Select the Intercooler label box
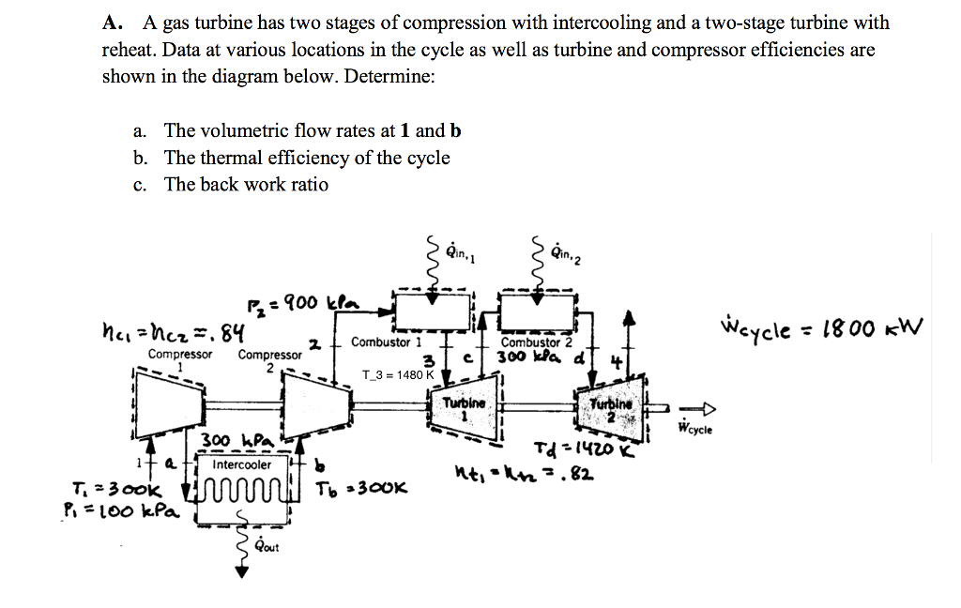pyautogui.click(x=242, y=464)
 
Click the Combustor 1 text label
pyautogui.click(x=387, y=342)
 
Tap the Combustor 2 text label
pyautogui.click(x=532, y=343)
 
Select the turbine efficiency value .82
pyautogui.click(x=579, y=471)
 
